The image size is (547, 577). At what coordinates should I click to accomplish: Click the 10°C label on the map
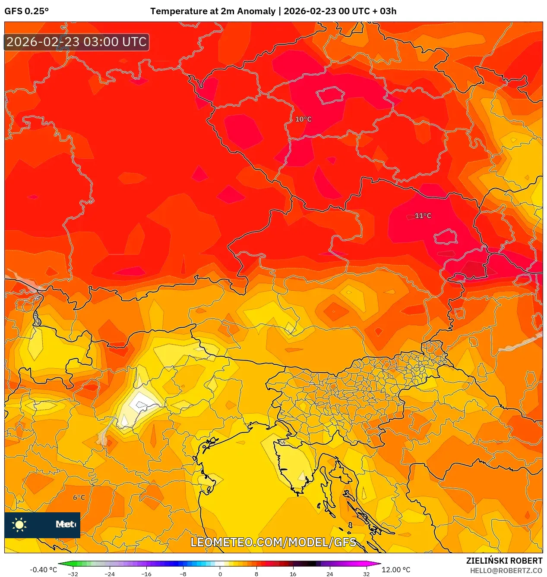tap(303, 119)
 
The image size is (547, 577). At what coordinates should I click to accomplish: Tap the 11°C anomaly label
tap(423, 216)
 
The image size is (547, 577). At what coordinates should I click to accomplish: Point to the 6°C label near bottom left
tap(79, 497)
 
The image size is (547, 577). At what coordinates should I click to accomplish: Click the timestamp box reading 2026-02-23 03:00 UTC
tap(76, 42)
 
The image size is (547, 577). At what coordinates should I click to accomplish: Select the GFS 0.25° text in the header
tap(27, 11)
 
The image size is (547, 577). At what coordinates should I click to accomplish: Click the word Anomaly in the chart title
tap(257, 11)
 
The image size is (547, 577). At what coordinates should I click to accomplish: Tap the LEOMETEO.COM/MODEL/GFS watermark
tap(273, 542)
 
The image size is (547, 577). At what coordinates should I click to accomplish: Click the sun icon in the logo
tap(19, 524)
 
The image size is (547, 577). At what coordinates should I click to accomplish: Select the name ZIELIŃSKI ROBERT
tap(504, 561)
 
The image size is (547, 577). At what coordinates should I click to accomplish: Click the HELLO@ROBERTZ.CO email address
tap(506, 571)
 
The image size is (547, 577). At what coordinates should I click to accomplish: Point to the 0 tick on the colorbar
tap(220, 574)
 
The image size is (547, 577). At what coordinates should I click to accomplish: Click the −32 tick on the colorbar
tap(73, 574)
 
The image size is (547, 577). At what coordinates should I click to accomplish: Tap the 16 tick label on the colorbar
tap(293, 574)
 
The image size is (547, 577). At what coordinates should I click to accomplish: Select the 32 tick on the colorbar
tap(366, 574)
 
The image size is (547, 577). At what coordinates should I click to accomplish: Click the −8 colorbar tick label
tap(183, 574)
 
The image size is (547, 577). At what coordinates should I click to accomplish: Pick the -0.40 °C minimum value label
tap(43, 570)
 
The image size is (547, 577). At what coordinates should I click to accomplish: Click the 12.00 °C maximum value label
tap(396, 570)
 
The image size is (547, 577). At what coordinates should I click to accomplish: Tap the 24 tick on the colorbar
tap(329, 574)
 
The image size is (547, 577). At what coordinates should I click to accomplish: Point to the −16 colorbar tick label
tap(146, 574)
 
